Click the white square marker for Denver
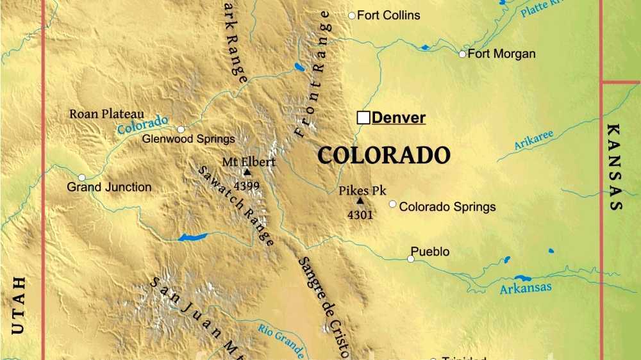363,117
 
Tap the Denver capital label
399,118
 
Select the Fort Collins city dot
351,15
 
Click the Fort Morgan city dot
462,54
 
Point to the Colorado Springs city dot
392,204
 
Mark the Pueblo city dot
410,259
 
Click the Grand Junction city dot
81,177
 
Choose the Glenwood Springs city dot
181,129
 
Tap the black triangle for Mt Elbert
247,172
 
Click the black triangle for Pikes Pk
360,200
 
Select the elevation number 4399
247,186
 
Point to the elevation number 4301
360,215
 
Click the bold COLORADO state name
384,156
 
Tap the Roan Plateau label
106,114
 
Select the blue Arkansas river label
526,288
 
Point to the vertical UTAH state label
19,305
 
